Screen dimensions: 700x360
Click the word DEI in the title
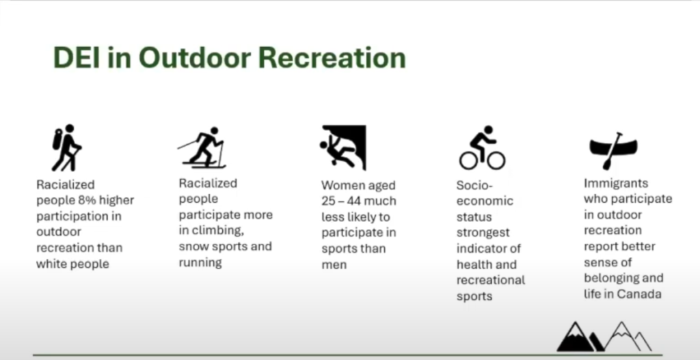(77, 58)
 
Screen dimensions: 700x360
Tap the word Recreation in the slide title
(332, 58)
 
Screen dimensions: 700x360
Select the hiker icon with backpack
(66, 148)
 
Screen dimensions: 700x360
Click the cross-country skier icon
(202, 148)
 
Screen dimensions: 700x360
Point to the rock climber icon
(343, 148)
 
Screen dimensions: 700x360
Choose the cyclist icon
(482, 148)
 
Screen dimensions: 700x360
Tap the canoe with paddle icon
(613, 150)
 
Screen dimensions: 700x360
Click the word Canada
(639, 294)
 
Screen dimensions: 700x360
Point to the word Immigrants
(616, 183)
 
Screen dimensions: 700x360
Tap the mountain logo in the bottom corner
(604, 336)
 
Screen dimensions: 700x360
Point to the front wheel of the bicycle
(496, 161)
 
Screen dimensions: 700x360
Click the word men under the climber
(334, 265)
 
